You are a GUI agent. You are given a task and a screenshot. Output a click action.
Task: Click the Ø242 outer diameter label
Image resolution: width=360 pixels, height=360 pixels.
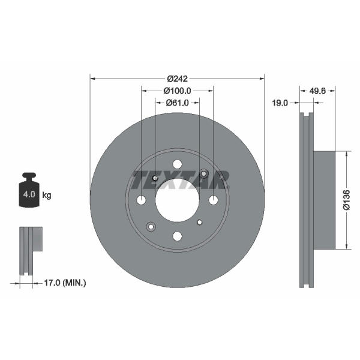point(177,79)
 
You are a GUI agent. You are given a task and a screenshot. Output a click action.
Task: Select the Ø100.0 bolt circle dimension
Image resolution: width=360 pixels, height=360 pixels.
point(177,91)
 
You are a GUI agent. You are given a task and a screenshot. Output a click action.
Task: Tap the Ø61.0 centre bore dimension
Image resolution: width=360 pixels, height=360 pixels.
point(177,103)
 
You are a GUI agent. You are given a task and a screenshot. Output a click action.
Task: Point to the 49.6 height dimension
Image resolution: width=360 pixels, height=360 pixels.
point(317,91)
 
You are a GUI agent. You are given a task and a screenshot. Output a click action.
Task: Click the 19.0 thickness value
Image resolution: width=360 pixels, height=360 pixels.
point(280,103)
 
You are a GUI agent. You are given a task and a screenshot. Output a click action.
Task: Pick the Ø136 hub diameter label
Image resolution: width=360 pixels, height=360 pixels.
point(347,200)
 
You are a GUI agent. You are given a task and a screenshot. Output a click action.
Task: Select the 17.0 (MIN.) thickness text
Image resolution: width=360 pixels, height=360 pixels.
point(65,283)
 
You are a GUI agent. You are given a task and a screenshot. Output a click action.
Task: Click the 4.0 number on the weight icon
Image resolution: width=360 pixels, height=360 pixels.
point(29,194)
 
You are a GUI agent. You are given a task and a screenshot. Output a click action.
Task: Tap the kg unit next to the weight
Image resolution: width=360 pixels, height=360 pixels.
point(47,196)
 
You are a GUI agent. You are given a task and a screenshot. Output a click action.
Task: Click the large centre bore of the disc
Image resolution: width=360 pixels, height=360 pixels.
point(177,200)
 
